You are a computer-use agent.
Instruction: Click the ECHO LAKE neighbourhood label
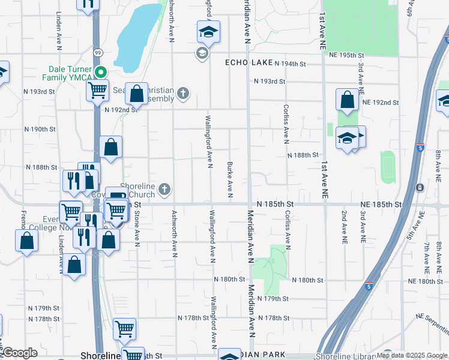click(x=250, y=62)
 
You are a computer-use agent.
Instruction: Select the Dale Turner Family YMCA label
click(x=67, y=73)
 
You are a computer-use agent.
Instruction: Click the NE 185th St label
click(x=381, y=205)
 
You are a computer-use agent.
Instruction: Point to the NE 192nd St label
click(x=381, y=103)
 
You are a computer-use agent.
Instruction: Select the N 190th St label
click(x=40, y=129)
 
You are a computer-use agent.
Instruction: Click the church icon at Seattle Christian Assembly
click(x=183, y=93)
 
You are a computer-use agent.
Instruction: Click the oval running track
click(x=388, y=167)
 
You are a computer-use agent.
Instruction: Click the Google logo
click(x=19, y=353)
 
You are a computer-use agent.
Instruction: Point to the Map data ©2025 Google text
click(x=411, y=355)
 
